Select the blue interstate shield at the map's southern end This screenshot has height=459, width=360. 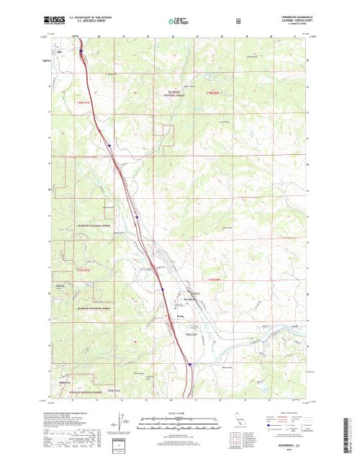[x=189, y=364]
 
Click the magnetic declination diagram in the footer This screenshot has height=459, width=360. [x=118, y=425]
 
